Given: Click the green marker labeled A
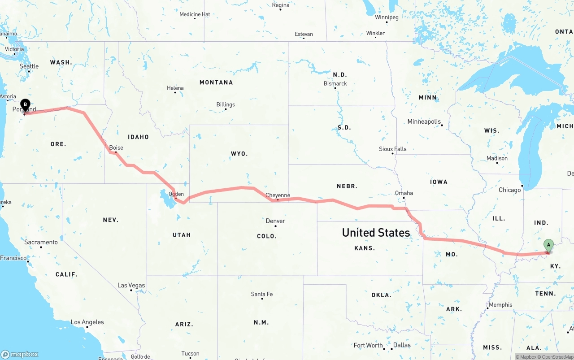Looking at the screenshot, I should (x=548, y=245).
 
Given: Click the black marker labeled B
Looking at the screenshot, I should (x=26, y=105).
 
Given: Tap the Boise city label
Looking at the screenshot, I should (x=116, y=147).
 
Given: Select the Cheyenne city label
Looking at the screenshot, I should (x=278, y=195).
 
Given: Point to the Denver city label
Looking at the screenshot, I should (x=275, y=221).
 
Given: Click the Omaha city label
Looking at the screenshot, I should (x=404, y=193).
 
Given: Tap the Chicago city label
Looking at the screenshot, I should (x=510, y=190).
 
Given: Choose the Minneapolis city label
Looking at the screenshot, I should (x=424, y=121).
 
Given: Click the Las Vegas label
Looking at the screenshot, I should (x=131, y=285).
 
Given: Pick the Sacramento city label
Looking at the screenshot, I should (x=41, y=242).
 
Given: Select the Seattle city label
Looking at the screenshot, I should (x=29, y=66).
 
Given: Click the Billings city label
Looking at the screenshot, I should (x=226, y=104).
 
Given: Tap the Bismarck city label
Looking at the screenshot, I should (x=335, y=83).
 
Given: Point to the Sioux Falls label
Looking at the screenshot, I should (x=392, y=149).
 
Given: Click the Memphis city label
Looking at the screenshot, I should (x=500, y=305).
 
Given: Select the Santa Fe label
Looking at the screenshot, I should (x=262, y=294).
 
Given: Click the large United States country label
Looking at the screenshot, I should (x=376, y=232).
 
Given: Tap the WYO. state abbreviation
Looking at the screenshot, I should (x=239, y=154).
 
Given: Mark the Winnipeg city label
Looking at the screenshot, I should (x=387, y=17).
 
